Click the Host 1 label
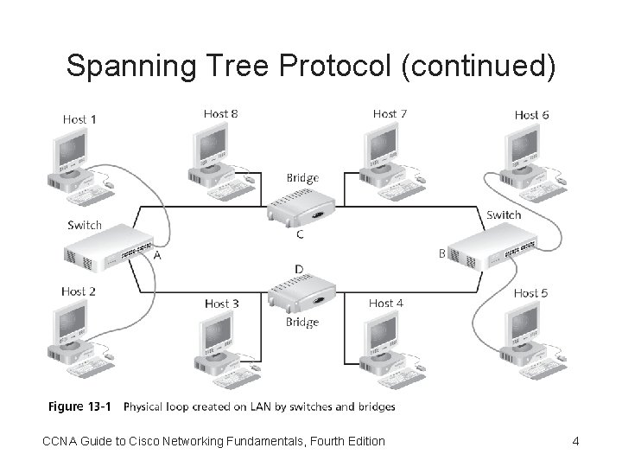(x=79, y=118)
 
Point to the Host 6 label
(x=531, y=114)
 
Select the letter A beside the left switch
(x=157, y=255)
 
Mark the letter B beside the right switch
(x=442, y=253)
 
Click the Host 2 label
(x=78, y=291)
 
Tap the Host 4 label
(x=385, y=304)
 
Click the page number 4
(x=575, y=442)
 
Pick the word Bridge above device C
(x=302, y=178)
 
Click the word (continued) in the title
(x=479, y=67)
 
